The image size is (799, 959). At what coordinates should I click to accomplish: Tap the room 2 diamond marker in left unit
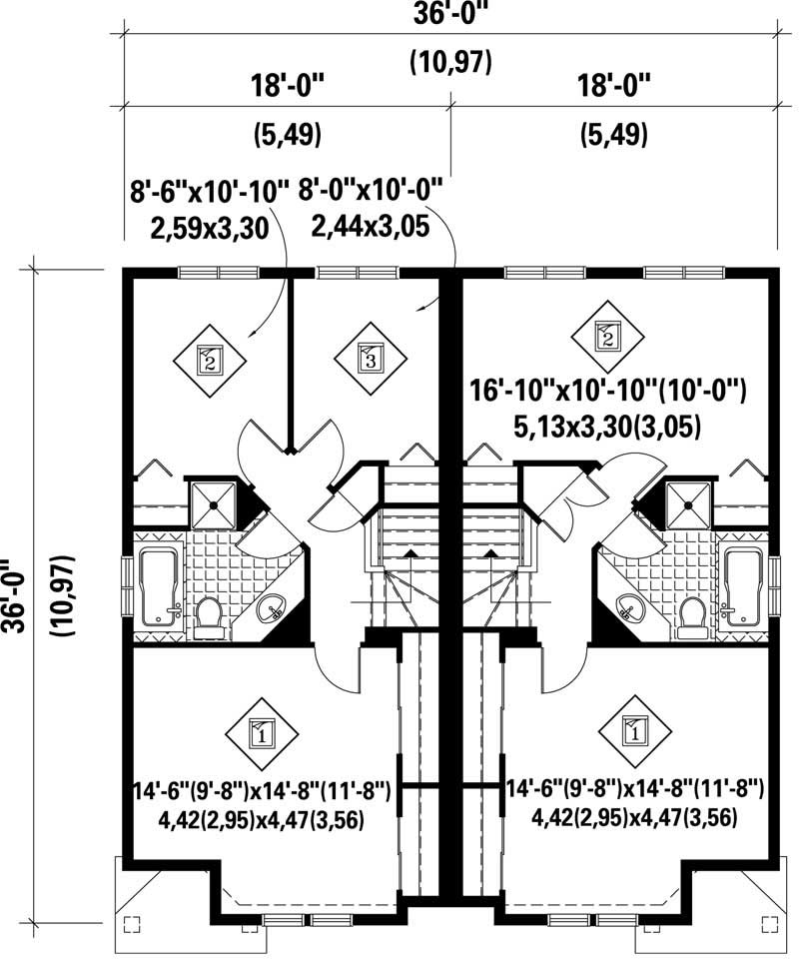pyautogui.click(x=210, y=358)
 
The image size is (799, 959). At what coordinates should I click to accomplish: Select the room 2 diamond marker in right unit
pyautogui.click(x=606, y=337)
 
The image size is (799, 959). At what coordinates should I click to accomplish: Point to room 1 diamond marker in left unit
pyautogui.click(x=260, y=736)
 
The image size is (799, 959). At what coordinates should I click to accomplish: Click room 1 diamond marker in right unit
pyautogui.click(x=632, y=731)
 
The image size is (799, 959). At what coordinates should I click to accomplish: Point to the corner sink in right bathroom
pyautogui.click(x=626, y=604)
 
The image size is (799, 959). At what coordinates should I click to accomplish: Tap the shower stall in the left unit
pyautogui.click(x=213, y=503)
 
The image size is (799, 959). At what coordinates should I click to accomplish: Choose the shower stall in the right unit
pyautogui.click(x=686, y=503)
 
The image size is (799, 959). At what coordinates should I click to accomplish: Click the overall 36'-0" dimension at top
pyautogui.click(x=451, y=17)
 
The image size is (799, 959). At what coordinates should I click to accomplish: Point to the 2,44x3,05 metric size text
pyautogui.click(x=371, y=226)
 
